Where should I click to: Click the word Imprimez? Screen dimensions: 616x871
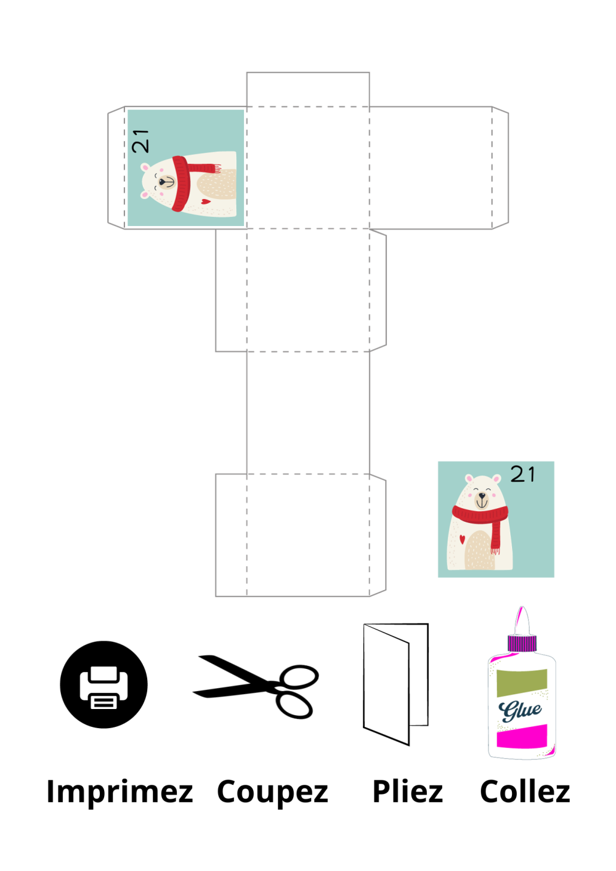[120, 792]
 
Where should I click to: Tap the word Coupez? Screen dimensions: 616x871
[273, 792]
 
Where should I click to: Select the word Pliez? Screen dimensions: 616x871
[408, 792]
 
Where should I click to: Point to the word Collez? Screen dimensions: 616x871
[525, 791]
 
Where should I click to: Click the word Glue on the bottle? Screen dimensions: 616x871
[520, 711]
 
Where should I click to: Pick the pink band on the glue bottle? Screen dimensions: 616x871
[522, 735]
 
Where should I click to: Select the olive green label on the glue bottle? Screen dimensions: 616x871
[522, 683]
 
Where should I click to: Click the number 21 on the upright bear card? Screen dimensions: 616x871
[522, 474]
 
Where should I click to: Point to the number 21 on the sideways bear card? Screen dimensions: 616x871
[140, 141]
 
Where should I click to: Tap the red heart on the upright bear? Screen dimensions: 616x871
[462, 540]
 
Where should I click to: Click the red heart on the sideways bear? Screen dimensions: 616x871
[206, 201]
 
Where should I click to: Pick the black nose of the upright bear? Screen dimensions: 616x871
[482, 495]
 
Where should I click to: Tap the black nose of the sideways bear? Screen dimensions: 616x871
[161, 182]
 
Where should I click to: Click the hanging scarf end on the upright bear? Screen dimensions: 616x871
[495, 535]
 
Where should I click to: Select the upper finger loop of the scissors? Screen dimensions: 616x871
[299, 677]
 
